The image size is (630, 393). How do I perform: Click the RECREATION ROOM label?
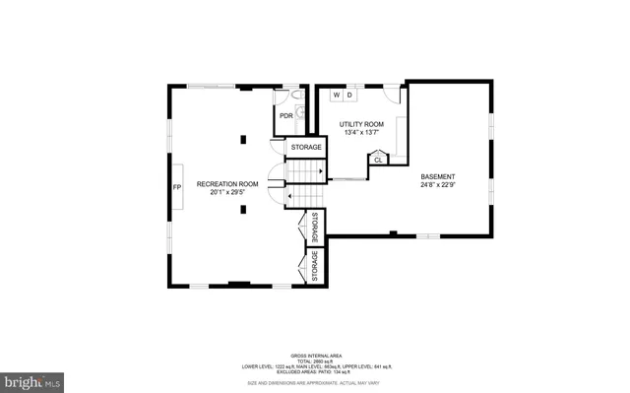227,184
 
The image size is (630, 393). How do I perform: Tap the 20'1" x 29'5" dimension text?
227,193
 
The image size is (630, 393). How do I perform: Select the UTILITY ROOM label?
359,124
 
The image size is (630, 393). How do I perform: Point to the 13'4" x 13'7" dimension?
359,133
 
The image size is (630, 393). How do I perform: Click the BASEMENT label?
438,175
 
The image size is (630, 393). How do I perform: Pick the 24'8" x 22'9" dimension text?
438,184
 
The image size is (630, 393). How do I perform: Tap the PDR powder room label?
285,116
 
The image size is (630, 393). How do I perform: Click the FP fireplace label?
177,187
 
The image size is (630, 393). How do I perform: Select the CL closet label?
378,159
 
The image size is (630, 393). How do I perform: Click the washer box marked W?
336,96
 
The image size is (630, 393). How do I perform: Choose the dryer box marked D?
349,96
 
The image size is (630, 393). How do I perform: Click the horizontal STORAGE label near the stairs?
306,148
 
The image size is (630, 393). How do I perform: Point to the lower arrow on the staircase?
286,196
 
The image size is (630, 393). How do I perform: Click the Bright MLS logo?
32,379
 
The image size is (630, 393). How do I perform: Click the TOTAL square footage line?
314,360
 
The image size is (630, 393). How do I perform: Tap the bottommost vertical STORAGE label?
315,266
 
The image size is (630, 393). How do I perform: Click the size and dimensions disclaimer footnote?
314,381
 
